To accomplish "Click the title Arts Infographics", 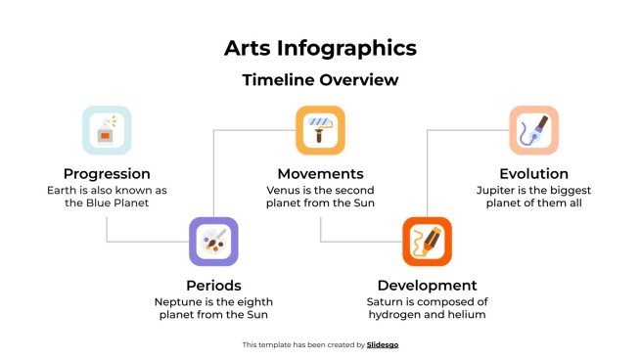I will (320, 48).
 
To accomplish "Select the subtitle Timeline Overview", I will (320, 80).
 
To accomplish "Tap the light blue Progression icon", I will (107, 130).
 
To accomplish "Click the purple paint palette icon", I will (213, 241).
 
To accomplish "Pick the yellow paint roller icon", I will (320, 130).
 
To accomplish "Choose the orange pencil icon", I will (427, 241).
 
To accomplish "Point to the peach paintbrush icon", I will (533, 130).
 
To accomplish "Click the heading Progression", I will (107, 173).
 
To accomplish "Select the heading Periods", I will (213, 286).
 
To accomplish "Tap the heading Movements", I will (320, 173).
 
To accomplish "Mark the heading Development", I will (427, 286).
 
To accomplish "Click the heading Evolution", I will (533, 173).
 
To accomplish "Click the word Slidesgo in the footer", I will (383, 344).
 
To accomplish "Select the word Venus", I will (283, 190).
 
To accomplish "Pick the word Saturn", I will (386, 302).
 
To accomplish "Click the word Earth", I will (63, 190).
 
